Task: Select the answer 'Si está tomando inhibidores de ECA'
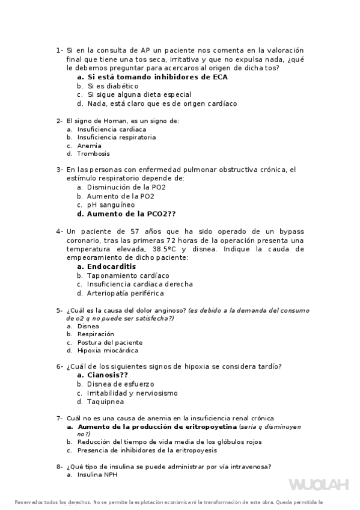[157, 77]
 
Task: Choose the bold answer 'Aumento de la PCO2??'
[132, 214]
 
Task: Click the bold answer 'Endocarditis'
[112, 266]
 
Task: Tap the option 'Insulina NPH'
[97, 475]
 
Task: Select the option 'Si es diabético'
[112, 86]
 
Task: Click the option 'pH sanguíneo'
[111, 204]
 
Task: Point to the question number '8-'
[59, 466]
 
